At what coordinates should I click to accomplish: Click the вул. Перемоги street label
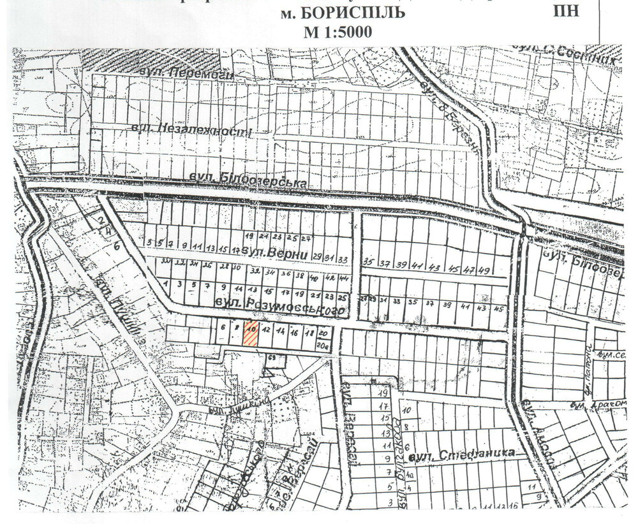(x=189, y=75)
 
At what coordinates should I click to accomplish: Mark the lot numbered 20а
(x=323, y=346)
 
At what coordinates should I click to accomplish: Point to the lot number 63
(x=272, y=358)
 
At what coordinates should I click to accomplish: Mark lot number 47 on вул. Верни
(x=469, y=270)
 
